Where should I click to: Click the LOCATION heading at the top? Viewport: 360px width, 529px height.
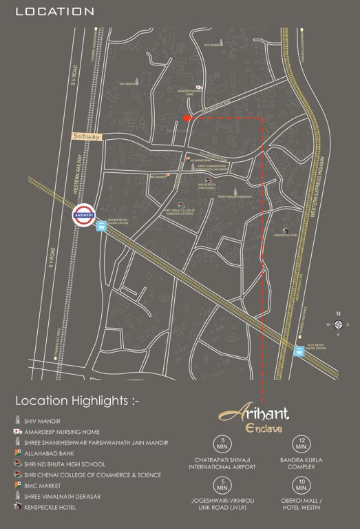[x=54, y=12]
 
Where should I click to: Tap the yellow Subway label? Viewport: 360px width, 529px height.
[x=87, y=136]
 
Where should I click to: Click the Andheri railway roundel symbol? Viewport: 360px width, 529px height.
[x=83, y=215]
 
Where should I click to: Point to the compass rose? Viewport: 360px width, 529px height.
[x=338, y=324]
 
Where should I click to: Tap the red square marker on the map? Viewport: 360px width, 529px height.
[x=187, y=118]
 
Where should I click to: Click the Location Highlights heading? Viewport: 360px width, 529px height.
[x=77, y=400]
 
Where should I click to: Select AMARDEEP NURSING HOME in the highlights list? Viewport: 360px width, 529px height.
[x=62, y=431]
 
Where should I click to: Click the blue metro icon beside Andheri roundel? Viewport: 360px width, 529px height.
[x=101, y=227]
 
